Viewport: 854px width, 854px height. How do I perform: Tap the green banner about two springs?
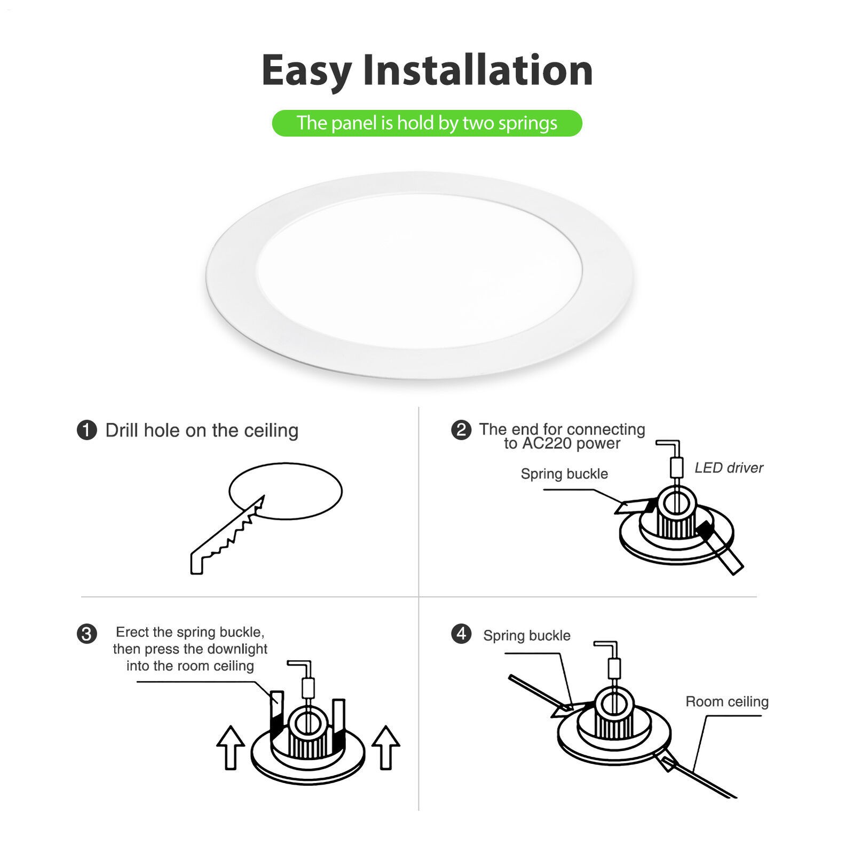coord(426,123)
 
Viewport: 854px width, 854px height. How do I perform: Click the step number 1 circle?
coord(87,430)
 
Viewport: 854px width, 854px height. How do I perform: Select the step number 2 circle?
coord(461,430)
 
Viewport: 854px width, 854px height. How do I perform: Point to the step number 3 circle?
coord(87,634)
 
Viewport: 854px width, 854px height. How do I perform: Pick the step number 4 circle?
coord(461,634)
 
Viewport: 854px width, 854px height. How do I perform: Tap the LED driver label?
coord(729,468)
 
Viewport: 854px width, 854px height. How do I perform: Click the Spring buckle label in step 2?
coord(564,474)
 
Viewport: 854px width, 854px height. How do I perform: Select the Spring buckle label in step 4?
coord(527,636)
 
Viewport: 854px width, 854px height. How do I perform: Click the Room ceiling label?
coord(727,701)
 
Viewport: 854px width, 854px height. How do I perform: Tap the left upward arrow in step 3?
coord(231,747)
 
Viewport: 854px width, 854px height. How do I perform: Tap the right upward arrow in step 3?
coord(385,747)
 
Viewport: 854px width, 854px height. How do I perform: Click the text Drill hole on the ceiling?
coord(202,430)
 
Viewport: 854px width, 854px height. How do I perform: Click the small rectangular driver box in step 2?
coord(676,468)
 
